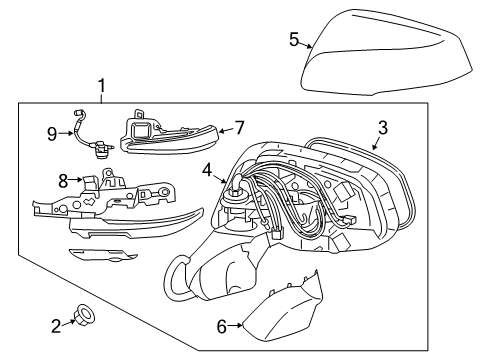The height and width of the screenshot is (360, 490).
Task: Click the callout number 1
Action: click(x=100, y=86)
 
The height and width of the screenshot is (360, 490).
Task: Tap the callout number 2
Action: click(x=56, y=323)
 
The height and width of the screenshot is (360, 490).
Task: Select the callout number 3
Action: click(x=382, y=128)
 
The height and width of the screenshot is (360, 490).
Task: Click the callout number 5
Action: click(x=294, y=39)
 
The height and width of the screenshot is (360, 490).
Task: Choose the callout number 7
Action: click(x=238, y=129)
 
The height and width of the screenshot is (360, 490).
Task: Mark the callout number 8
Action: click(x=62, y=181)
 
